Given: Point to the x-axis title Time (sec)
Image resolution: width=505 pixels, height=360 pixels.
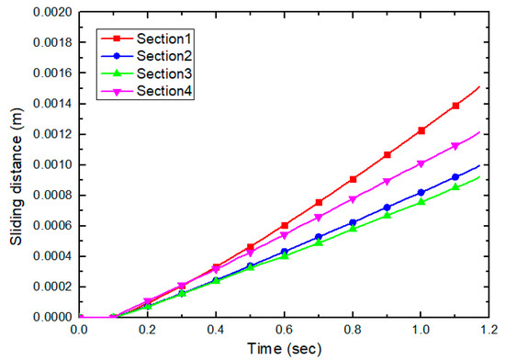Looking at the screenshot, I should [288, 349].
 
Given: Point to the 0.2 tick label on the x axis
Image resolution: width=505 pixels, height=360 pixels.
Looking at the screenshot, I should [151, 329].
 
